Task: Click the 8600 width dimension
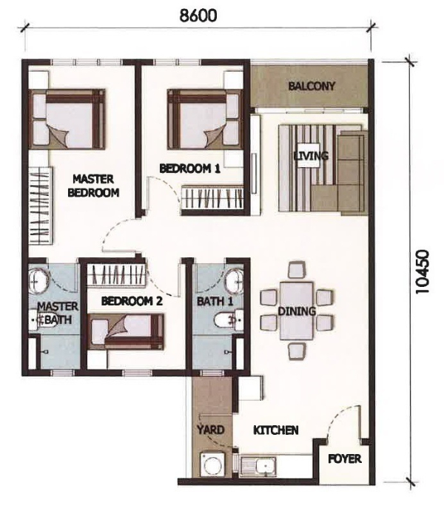(198, 16)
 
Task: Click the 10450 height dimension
(422, 272)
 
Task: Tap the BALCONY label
(312, 86)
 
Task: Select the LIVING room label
(311, 156)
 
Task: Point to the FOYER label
(345, 458)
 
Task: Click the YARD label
(211, 430)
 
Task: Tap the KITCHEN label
(276, 430)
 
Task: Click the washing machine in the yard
(213, 465)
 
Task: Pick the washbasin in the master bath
(38, 280)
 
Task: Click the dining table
(296, 311)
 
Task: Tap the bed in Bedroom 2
(126, 332)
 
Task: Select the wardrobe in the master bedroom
(41, 206)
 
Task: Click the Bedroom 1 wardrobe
(212, 197)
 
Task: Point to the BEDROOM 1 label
(189, 169)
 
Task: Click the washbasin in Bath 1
(234, 281)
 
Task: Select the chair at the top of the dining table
(297, 271)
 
